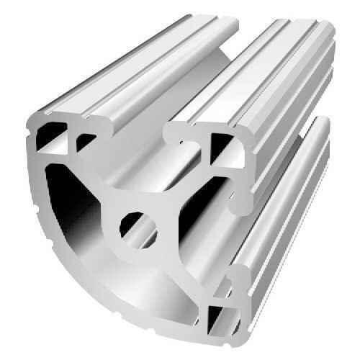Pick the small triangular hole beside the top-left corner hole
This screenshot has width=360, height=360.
(x=87, y=140)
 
